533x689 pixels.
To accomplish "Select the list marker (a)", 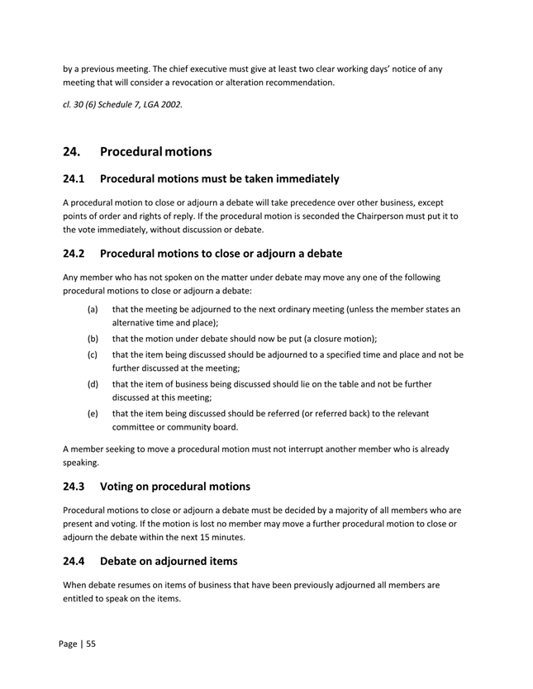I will point(93,309).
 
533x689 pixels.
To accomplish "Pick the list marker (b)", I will point(93,339).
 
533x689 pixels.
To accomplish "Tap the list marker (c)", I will point(93,354).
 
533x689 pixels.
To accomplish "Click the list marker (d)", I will point(93,384).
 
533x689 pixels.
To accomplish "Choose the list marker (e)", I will point(93,413).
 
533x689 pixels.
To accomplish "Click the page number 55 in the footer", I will point(90,643).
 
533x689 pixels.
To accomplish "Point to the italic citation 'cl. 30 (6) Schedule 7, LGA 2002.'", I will point(122,103).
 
